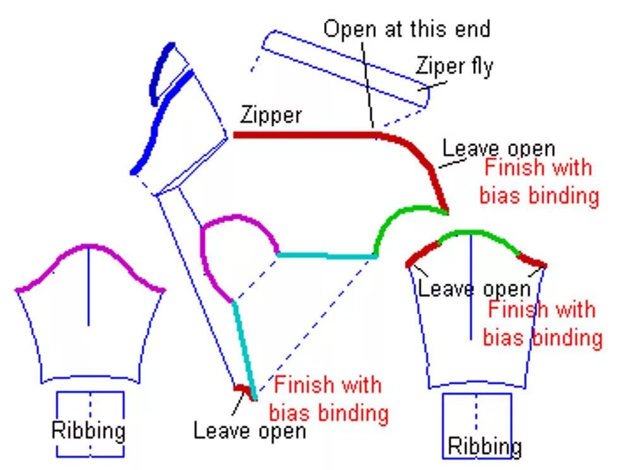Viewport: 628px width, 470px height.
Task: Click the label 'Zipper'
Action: (270, 116)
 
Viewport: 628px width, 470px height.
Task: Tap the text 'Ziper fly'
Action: (454, 65)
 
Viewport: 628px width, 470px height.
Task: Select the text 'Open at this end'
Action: (407, 28)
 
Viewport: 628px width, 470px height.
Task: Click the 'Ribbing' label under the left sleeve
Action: (88, 431)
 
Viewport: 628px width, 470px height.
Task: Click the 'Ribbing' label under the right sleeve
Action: (485, 446)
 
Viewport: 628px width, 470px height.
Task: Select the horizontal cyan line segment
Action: (325, 255)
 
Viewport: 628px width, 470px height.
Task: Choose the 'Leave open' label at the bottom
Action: (249, 431)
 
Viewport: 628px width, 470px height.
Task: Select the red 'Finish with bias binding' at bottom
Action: (328, 399)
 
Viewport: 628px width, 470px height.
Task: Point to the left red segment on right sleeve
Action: (421, 253)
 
